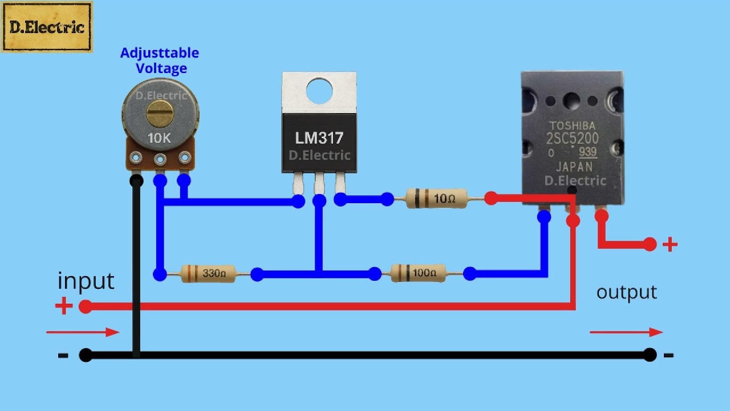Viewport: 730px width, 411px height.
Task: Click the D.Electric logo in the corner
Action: [47, 27]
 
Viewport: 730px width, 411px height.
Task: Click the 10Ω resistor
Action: [437, 199]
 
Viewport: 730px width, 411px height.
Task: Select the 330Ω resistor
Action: [209, 274]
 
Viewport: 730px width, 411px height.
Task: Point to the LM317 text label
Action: [319, 138]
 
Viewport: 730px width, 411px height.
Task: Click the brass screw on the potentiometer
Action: [160, 112]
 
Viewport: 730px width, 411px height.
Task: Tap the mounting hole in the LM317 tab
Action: [319, 90]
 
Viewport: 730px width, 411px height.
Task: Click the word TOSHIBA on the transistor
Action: [572, 126]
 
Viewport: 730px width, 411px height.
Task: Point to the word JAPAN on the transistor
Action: [573, 167]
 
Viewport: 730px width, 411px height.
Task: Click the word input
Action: [86, 281]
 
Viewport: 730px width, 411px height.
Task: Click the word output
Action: [627, 292]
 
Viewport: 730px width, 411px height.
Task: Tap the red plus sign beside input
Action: [64, 307]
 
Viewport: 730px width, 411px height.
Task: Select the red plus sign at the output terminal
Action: [670, 245]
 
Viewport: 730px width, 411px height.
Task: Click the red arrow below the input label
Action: [83, 332]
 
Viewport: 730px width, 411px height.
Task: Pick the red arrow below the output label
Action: [626, 332]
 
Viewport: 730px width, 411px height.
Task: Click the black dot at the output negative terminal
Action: [650, 355]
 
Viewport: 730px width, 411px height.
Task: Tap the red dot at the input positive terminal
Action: [85, 307]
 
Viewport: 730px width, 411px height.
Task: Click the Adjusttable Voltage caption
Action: [160, 61]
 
